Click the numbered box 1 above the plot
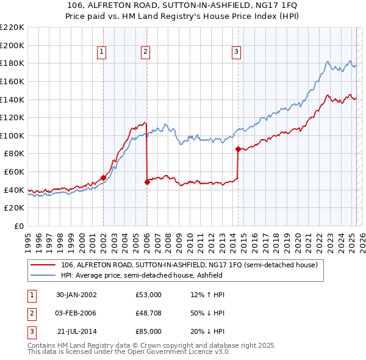[101, 52]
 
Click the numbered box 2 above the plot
[146, 52]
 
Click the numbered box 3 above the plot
[236, 52]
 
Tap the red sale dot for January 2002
[103, 178]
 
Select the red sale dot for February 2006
[147, 182]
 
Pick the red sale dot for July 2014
[238, 149]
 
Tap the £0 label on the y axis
[18, 226]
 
